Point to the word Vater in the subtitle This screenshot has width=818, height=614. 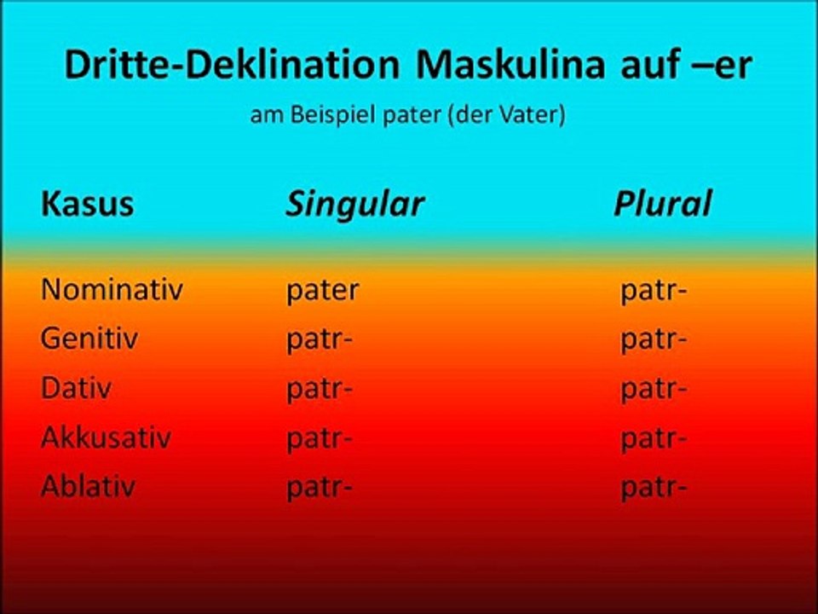point(533,115)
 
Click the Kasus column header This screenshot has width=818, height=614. point(87,205)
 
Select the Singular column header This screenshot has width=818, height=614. point(354,205)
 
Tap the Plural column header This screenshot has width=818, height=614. point(662,205)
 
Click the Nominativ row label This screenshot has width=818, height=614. point(112,290)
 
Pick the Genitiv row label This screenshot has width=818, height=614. point(89,339)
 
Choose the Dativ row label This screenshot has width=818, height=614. point(76,389)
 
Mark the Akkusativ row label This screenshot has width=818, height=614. point(106,438)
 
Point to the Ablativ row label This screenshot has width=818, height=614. point(88,487)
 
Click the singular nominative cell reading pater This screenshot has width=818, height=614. point(322,291)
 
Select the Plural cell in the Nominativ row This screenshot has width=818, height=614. point(654,291)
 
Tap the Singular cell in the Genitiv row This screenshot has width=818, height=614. point(320,340)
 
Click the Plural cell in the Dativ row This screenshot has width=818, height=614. point(654,390)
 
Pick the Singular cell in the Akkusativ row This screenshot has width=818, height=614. point(320,439)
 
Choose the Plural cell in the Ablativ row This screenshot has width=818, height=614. point(654,488)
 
